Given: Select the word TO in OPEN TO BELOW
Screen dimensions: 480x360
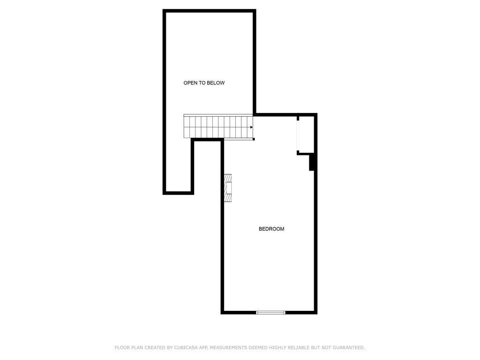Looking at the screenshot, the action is pos(202,83).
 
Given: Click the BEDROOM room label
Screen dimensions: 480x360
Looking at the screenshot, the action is pos(271,229).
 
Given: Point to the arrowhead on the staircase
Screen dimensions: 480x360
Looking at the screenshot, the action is pos(252,127).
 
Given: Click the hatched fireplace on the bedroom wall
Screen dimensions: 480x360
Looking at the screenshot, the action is pos(228,188).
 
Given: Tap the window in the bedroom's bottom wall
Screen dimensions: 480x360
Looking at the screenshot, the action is pos(270,313).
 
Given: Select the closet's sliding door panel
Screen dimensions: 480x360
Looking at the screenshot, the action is pos(298,135).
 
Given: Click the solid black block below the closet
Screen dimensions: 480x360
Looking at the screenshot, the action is pos(312,162).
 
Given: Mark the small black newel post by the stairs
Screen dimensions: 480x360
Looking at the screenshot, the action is pos(254,139).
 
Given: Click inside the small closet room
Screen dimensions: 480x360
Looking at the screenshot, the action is pos(307,134).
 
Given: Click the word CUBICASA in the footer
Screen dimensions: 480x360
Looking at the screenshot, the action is pos(186,348).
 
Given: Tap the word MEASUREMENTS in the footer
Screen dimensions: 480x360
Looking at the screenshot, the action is pos(228,348).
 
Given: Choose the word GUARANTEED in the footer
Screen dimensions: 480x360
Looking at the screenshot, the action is pos(349,348).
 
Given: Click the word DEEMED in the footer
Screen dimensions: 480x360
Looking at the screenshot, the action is pos(258,348).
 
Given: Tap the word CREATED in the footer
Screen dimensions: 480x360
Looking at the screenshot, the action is pos(155,348).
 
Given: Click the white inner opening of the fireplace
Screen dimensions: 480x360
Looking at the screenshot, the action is pos(228,188).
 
